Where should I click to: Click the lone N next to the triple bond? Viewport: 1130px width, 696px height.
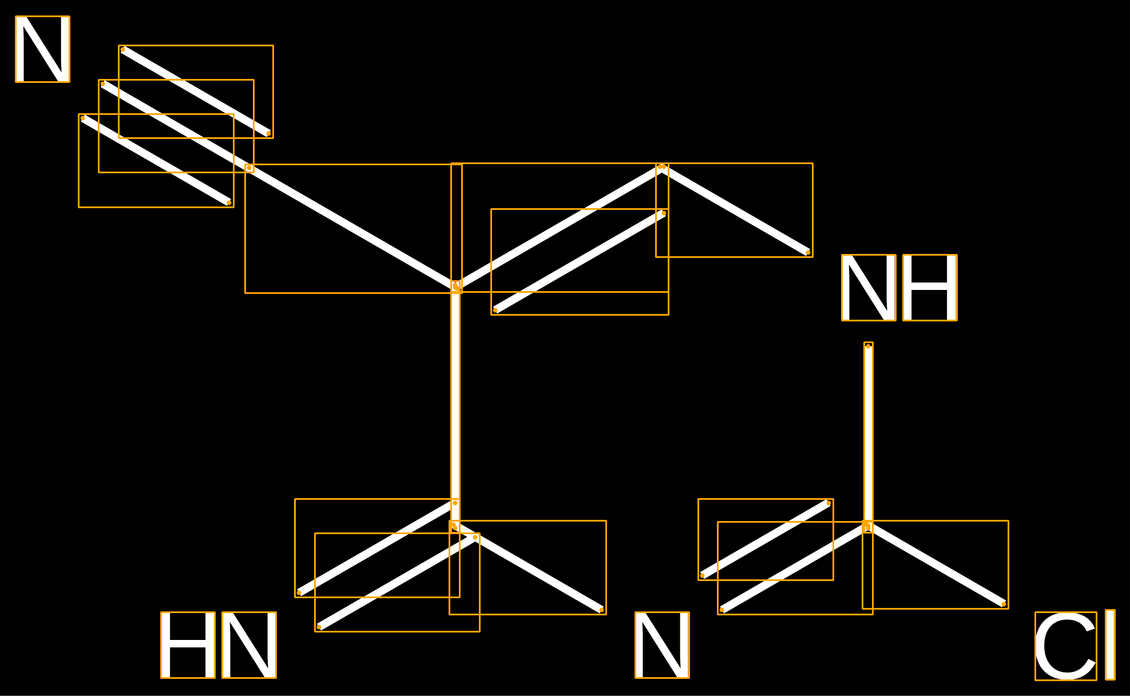[x=42, y=49]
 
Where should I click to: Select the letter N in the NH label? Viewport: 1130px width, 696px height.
[x=869, y=288]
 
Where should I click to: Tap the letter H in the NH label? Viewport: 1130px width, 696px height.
[x=930, y=288]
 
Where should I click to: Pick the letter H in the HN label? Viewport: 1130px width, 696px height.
[x=188, y=645]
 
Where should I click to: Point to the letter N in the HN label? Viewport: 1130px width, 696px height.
[x=249, y=645]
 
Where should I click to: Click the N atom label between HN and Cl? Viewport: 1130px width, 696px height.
[x=662, y=645]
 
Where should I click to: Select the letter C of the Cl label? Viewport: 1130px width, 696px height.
[x=1066, y=646]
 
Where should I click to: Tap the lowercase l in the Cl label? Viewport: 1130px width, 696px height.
[x=1110, y=645]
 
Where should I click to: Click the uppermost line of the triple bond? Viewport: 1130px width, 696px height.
[x=196, y=92]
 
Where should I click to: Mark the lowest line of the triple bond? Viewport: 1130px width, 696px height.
[x=156, y=160]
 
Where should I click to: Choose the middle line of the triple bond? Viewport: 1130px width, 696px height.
[x=176, y=126]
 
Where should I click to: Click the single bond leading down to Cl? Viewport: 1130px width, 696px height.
[x=935, y=565]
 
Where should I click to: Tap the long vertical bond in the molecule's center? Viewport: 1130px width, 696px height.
[x=455, y=405]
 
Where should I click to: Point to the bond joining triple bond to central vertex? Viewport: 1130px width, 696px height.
[x=352, y=227]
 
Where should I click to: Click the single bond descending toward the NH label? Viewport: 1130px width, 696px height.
[x=735, y=209]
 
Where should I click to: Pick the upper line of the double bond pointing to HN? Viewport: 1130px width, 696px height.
[x=377, y=547]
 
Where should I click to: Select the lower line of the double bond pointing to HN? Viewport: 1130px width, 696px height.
[x=397, y=582]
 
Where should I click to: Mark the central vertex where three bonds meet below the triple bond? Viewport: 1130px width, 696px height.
[x=456, y=286]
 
